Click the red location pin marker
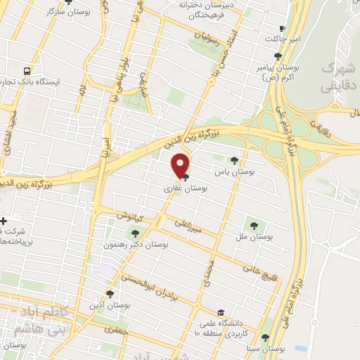(x=181, y=165)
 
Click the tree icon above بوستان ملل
(x=254, y=226)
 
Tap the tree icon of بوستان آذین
(x=110, y=294)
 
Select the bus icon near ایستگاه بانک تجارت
(x=27, y=70)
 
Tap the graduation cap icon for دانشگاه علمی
(x=221, y=313)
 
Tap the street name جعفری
(x=113, y=328)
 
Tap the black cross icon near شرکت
(x=4, y=221)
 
